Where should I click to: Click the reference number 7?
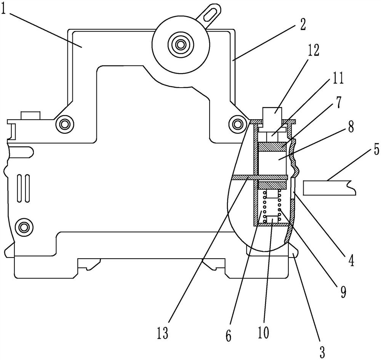pyautogui.click(x=338, y=103)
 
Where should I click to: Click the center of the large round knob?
pyautogui.click(x=181, y=45)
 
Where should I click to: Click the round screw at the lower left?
pyautogui.click(x=24, y=227)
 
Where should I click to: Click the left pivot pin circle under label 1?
pyautogui.click(x=65, y=124)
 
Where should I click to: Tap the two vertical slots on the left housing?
pyautogui.click(x=24, y=188)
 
